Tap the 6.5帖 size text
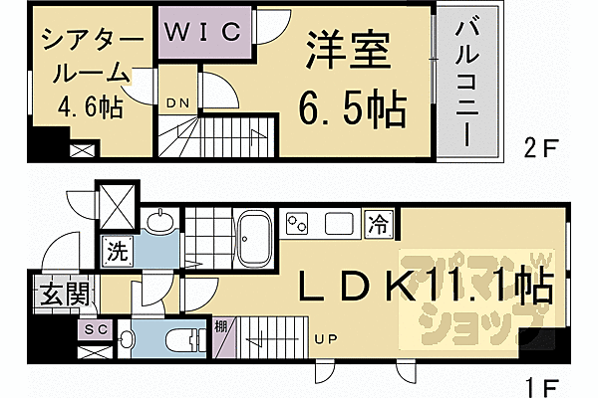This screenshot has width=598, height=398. pyautogui.click(x=354, y=104)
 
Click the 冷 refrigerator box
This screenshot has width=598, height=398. pyautogui.click(x=380, y=221)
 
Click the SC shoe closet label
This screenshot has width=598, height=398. pyautogui.click(x=96, y=329)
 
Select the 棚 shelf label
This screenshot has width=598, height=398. pyautogui.click(x=220, y=325)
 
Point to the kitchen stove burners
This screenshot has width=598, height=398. pyautogui.click(x=298, y=221)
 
